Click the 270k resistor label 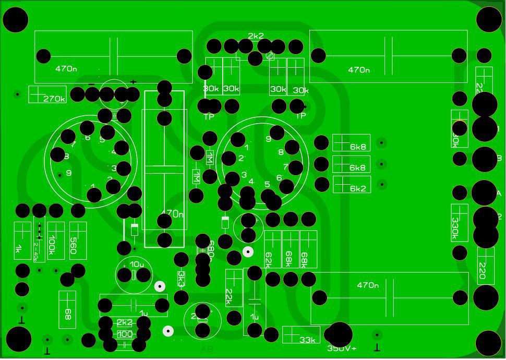point(54,99)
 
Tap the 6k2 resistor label point(358,188)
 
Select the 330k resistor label point(455,227)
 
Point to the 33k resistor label point(308,340)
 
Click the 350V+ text point(342,349)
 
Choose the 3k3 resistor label point(181,279)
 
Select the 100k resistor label point(52,245)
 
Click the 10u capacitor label point(137,264)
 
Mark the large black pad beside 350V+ point(338,334)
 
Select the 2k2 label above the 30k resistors point(256,36)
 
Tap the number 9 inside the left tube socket point(69,173)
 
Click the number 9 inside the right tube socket point(269,139)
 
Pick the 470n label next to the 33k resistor point(368,285)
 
